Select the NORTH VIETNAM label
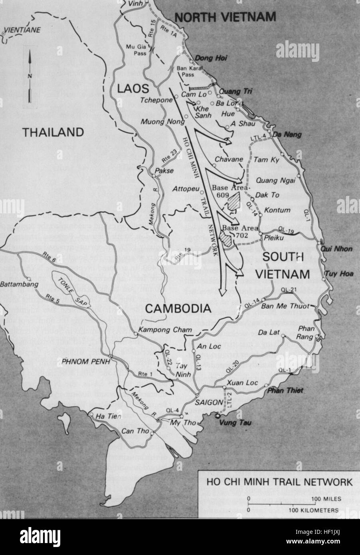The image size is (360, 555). coord(225,17)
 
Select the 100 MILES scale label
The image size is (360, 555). coord(326,499)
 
